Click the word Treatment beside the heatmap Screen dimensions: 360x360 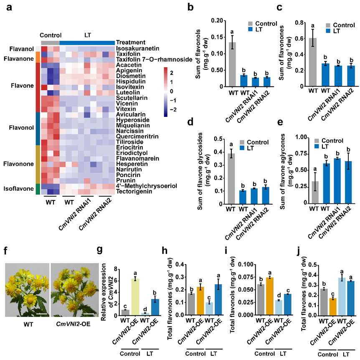pos(131,42)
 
